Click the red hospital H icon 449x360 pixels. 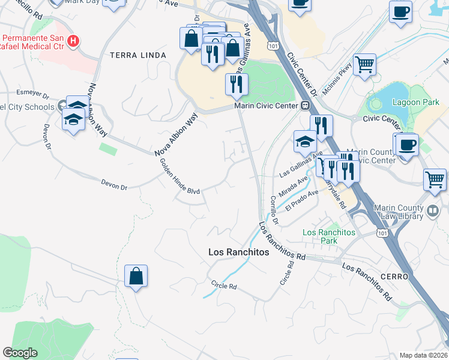[x=73, y=41]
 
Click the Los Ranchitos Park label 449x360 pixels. [x=329, y=236]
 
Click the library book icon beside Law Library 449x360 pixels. [x=435, y=211]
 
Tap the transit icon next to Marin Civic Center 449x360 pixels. [x=305, y=106]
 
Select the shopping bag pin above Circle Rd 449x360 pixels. [x=136, y=277]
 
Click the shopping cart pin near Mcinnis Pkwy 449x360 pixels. [x=364, y=64]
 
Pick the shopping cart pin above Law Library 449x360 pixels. [x=435, y=179]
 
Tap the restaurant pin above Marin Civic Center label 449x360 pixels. [x=237, y=84]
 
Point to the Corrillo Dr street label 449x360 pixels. [x=274, y=210]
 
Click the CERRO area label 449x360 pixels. [x=394, y=277]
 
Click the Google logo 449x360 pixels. [x=20, y=353]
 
